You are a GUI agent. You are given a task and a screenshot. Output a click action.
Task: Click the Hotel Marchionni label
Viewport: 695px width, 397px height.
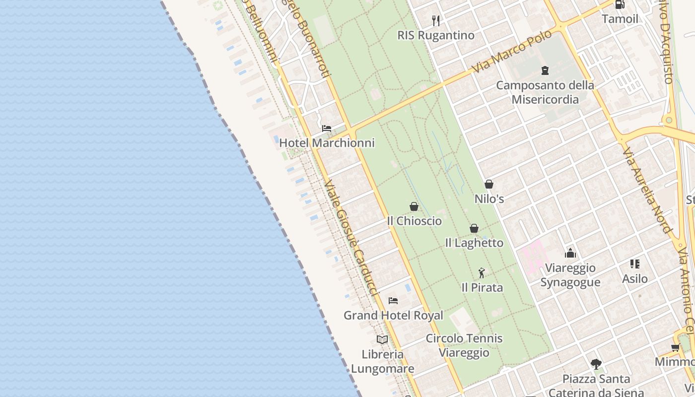point(327,143)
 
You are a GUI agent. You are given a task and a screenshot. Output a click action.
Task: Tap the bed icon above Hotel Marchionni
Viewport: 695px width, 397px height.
point(326,128)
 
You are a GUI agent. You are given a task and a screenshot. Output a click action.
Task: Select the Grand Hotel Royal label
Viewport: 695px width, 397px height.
point(393,316)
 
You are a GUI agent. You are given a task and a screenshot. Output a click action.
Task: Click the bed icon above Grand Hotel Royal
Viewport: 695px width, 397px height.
point(393,300)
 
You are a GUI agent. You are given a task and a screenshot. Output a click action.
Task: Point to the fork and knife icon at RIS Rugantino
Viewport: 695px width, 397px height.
point(436,20)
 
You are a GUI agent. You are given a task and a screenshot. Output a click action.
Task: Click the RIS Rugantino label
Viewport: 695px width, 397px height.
point(436,35)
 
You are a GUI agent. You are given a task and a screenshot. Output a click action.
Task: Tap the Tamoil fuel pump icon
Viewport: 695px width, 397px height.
point(620,4)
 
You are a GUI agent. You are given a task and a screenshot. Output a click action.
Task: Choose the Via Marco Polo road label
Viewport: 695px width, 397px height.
point(512,52)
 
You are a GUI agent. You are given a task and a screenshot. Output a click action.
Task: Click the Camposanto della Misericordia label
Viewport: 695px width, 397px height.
point(545,92)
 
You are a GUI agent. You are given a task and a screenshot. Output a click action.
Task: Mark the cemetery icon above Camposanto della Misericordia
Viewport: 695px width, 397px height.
point(545,70)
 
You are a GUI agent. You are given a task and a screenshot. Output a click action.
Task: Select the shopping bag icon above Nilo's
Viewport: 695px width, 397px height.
point(489,184)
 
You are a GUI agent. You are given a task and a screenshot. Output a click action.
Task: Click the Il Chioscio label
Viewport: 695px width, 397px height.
point(414,221)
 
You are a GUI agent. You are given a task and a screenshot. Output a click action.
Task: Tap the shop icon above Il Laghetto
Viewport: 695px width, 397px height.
point(474,228)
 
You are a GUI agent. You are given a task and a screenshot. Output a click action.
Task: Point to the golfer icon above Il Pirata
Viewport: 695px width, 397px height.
point(482,272)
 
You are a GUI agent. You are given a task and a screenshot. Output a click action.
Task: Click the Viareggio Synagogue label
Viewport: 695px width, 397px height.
point(570,275)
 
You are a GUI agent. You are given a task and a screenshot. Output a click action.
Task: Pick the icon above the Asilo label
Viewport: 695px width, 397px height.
point(635,264)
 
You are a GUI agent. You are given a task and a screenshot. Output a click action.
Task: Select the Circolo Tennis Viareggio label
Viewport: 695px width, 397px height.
point(464,345)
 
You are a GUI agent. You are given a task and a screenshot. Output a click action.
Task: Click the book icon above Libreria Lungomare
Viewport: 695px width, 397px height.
point(382,339)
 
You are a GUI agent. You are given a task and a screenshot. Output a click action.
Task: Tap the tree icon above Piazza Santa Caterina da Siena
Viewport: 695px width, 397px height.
point(596,364)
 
